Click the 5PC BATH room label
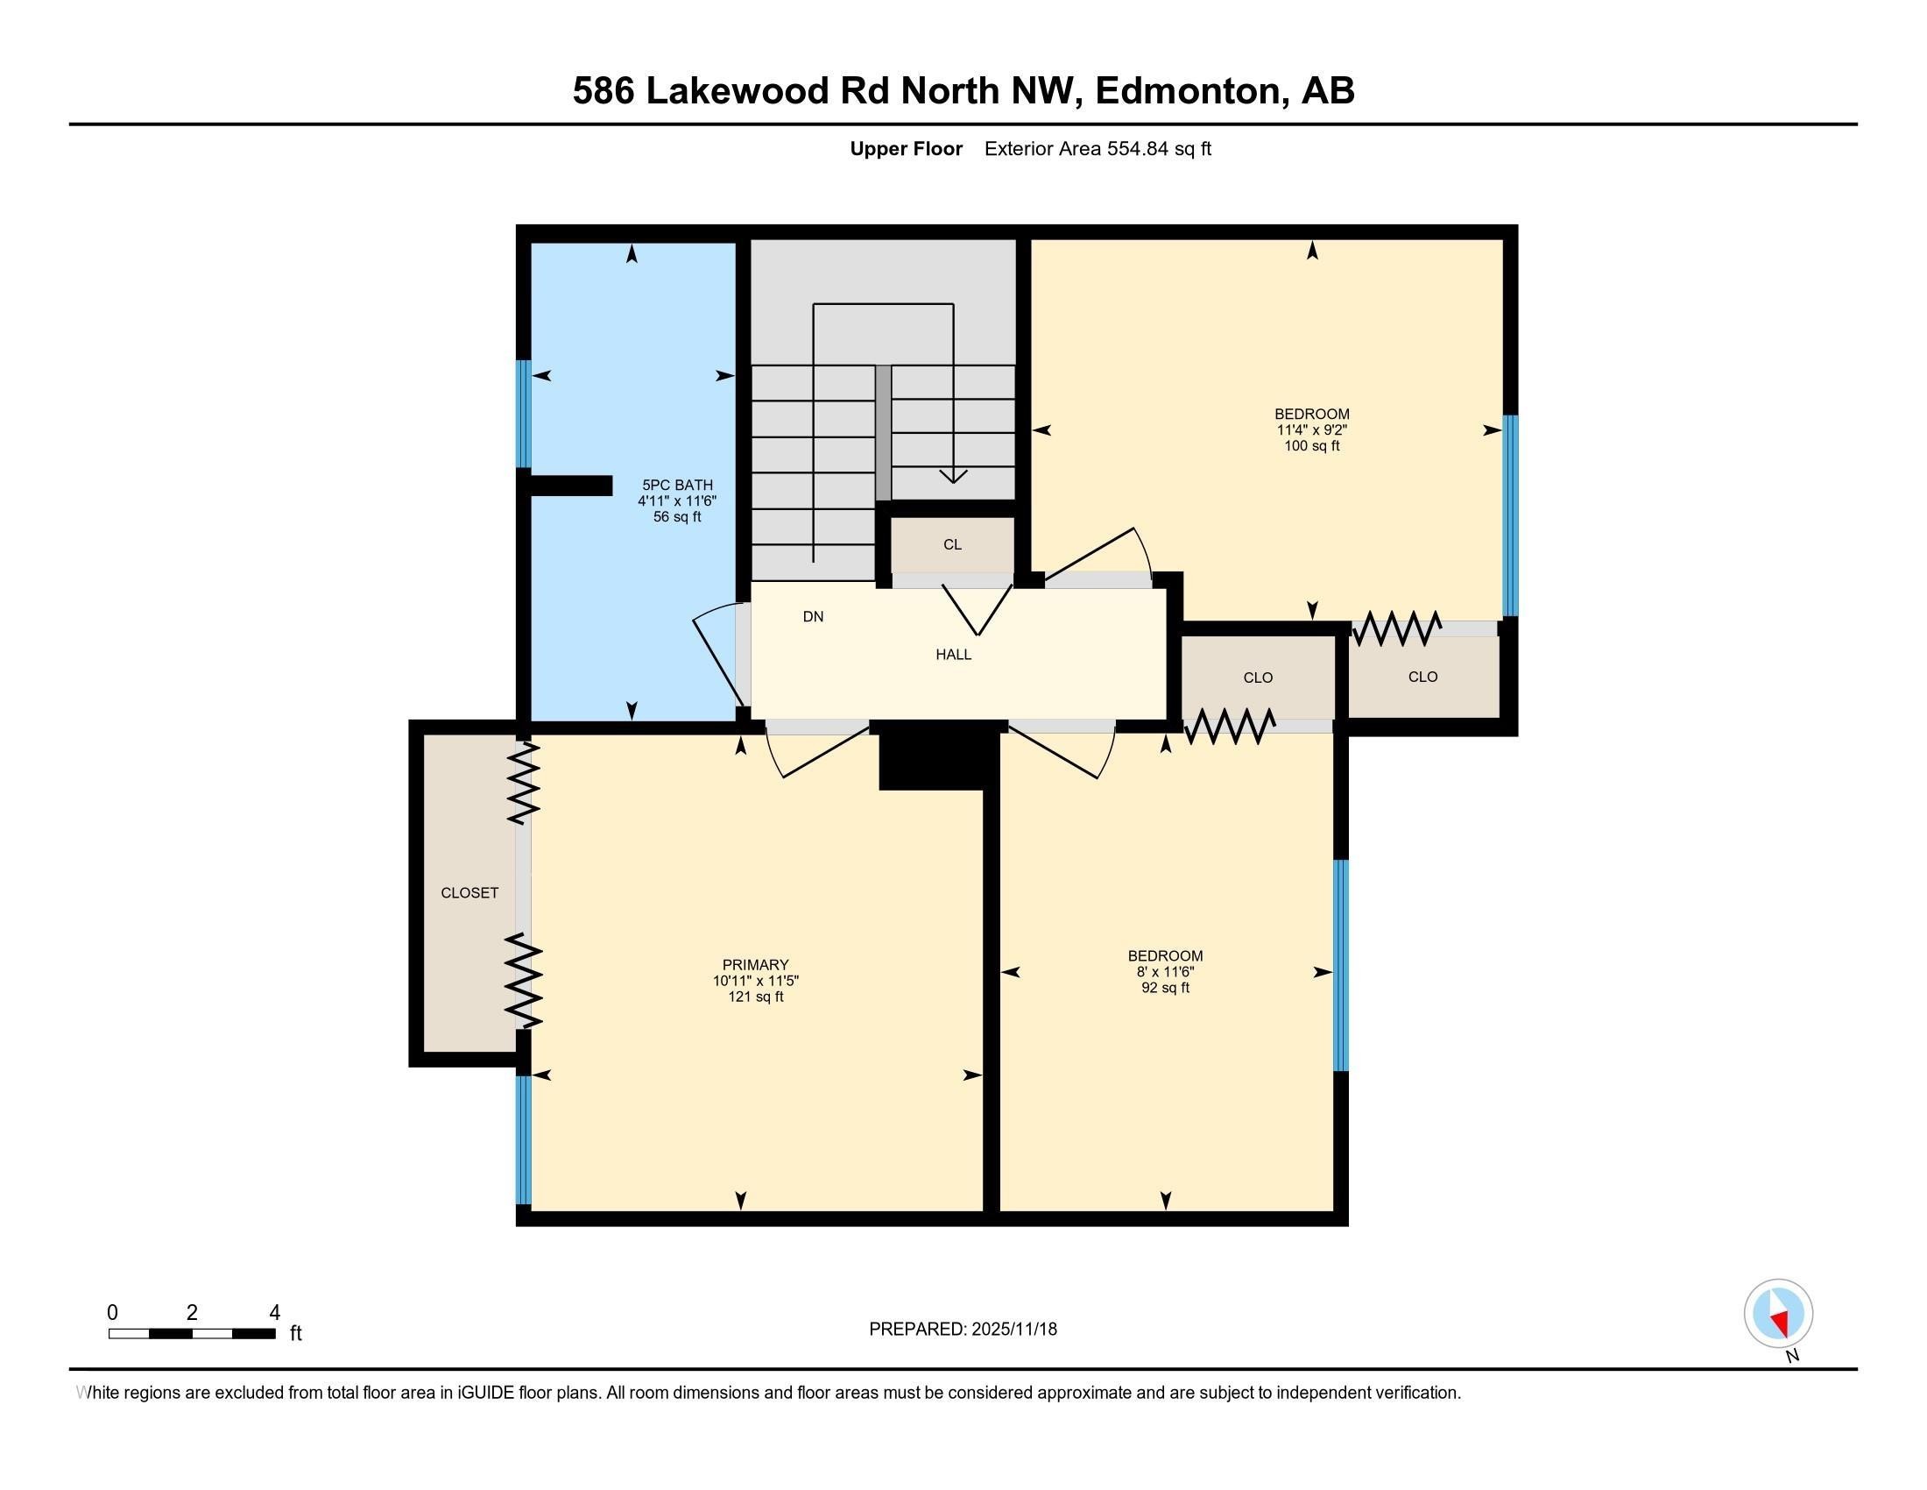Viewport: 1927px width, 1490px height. (x=677, y=485)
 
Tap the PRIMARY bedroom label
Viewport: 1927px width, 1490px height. (x=755, y=965)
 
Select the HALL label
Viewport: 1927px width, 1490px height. (x=953, y=654)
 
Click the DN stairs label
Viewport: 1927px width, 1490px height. (x=813, y=616)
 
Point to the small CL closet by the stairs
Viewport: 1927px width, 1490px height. (x=952, y=544)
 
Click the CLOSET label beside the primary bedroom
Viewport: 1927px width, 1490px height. (x=469, y=892)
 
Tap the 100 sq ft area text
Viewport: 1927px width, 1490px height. (x=1312, y=446)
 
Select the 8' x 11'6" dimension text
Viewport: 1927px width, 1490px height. (x=1166, y=971)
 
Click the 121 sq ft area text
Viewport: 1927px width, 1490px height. (x=755, y=997)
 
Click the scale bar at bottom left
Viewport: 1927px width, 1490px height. (x=193, y=1333)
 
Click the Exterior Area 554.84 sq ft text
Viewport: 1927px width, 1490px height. (x=1098, y=148)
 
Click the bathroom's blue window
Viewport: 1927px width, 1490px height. (x=524, y=413)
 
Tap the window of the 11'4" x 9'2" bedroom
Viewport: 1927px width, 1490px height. (x=1511, y=514)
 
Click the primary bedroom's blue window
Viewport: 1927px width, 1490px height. (x=524, y=1139)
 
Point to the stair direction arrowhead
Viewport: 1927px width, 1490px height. (x=953, y=477)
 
